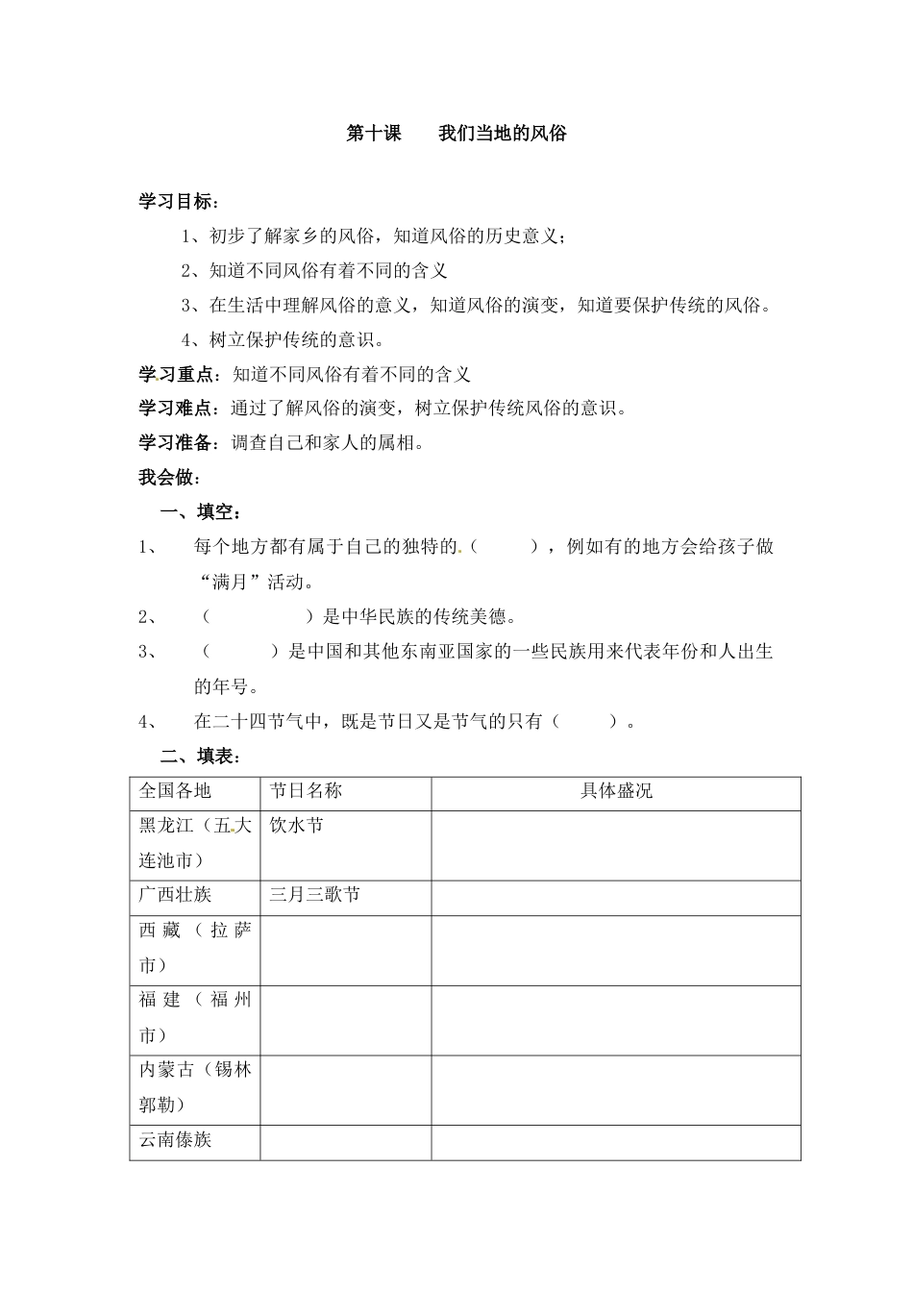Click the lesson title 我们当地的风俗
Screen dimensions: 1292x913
click(502, 134)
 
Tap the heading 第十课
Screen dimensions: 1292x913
click(373, 134)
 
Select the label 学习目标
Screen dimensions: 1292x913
click(177, 202)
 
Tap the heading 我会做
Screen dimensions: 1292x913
click(168, 478)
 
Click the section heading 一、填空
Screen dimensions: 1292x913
click(192, 512)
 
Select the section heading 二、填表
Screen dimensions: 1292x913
click(192, 757)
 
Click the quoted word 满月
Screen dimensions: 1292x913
click(235, 582)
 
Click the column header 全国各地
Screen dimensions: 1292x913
click(175, 791)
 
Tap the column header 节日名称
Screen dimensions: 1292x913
click(306, 791)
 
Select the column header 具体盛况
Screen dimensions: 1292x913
click(616, 791)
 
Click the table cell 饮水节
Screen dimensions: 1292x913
click(297, 826)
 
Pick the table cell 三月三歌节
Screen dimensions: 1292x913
click(314, 895)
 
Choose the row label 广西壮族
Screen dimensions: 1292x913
click(175, 895)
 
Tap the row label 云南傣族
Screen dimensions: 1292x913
click(175, 1140)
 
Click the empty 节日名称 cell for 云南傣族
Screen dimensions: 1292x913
click(345, 1141)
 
